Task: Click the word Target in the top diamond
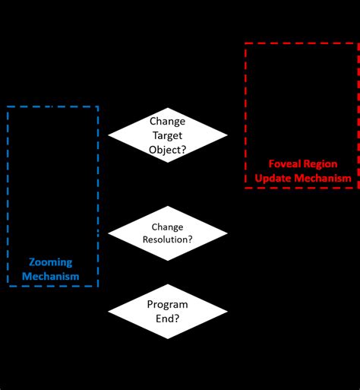coord(167,135)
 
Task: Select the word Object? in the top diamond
coord(167,150)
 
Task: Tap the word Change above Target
coord(167,121)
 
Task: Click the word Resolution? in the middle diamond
coord(167,239)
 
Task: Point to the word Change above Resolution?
coord(167,227)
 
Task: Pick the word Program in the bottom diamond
coord(167,304)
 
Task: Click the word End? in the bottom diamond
coord(167,318)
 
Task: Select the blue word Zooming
coord(50,262)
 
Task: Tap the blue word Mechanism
coord(50,276)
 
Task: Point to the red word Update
coord(273,178)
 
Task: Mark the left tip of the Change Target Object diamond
coord(108,135)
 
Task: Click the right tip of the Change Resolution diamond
coord(228,233)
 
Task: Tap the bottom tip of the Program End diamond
coord(167,340)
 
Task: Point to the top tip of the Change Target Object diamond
coord(167,106)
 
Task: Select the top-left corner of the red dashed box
coord(245,44)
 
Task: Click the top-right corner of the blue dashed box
coord(98,106)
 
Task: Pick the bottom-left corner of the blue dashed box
coord(8,286)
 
